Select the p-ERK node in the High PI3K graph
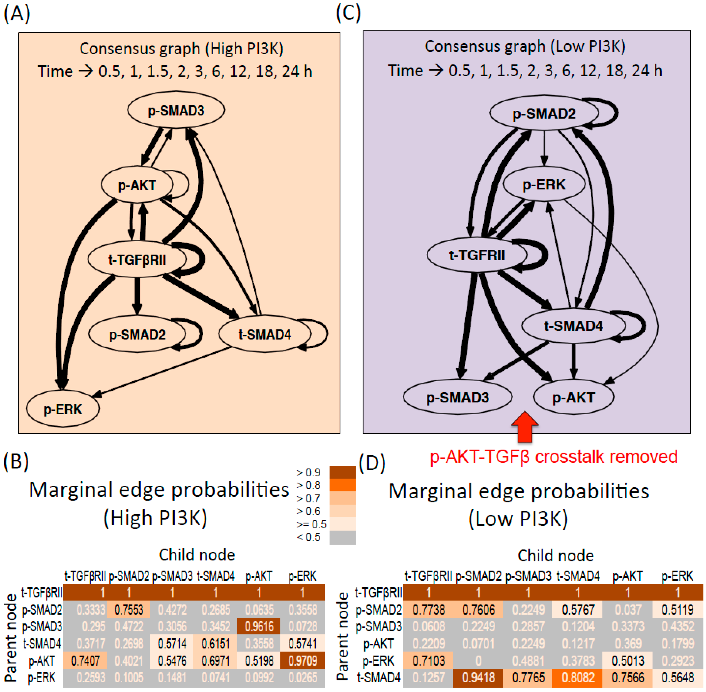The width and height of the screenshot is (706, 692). [x=63, y=409]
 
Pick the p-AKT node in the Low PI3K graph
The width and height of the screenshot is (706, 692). [x=574, y=397]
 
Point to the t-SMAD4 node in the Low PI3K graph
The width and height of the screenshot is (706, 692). [x=574, y=326]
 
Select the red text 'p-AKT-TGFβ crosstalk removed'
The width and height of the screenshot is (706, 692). [x=553, y=456]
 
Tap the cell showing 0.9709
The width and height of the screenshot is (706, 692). [x=302, y=660]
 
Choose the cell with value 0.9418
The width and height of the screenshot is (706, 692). [x=478, y=677]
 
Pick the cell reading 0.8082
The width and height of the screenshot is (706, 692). [x=578, y=677]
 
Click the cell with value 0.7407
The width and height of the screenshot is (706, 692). [x=85, y=660]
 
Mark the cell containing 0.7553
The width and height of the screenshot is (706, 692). [x=129, y=610]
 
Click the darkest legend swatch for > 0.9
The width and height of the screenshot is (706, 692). [x=342, y=472]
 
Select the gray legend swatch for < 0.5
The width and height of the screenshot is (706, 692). [x=342, y=537]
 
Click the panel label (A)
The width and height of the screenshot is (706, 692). [x=16, y=15]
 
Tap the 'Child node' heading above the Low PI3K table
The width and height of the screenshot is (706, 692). [x=556, y=556]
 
